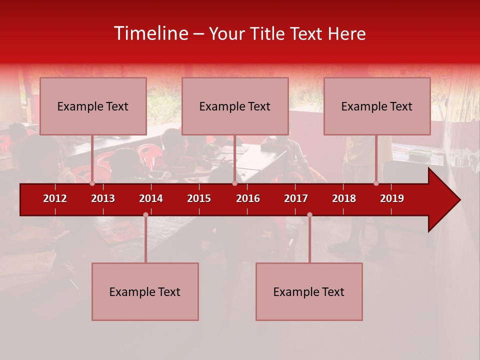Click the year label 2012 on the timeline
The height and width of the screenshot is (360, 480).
(55, 198)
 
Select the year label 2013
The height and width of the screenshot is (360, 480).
(103, 198)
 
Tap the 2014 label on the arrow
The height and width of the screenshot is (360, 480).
(151, 198)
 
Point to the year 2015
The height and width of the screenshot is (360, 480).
(199, 198)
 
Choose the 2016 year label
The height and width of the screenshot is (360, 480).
(248, 198)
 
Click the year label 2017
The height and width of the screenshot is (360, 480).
(296, 198)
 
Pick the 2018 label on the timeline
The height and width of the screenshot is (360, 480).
(344, 198)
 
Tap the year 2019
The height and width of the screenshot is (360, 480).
(392, 198)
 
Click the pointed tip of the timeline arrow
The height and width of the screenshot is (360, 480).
(459, 200)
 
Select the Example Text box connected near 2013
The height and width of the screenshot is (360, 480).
(93, 106)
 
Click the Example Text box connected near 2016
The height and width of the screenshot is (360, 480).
(235, 106)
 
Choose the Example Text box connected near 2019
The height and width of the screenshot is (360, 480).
(377, 106)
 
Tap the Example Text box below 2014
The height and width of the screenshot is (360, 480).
(145, 291)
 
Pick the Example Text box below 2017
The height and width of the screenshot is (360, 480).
(309, 291)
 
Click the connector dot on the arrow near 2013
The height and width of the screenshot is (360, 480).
(92, 183)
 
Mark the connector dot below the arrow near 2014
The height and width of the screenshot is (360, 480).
(145, 215)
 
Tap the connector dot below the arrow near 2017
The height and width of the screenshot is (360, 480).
(309, 215)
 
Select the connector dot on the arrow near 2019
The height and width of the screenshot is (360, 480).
(376, 183)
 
